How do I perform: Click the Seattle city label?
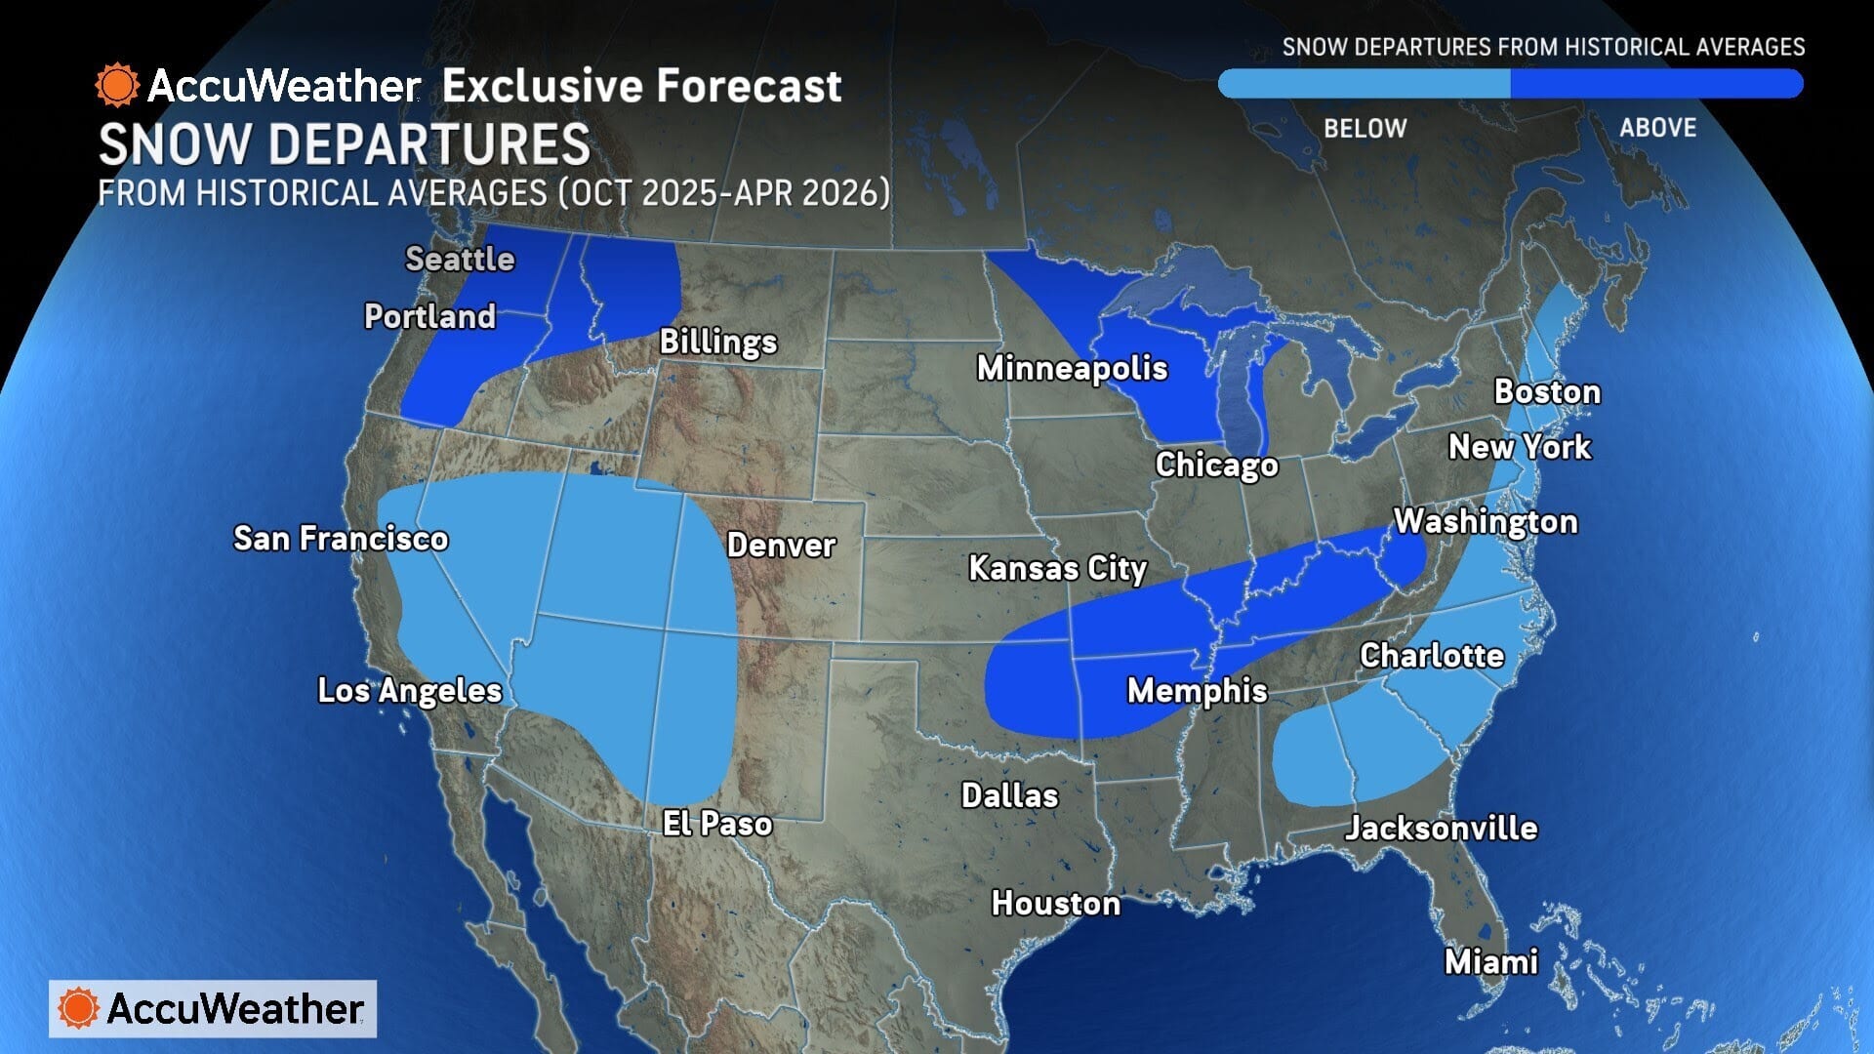(460, 259)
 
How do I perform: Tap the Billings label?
(718, 342)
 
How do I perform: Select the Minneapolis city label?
(1072, 368)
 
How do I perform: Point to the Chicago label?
(1216, 465)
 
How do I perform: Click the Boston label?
(1547, 391)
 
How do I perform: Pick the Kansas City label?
(1057, 568)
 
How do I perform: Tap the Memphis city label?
(1197, 691)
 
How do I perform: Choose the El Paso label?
(717, 824)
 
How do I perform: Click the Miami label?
(1490, 962)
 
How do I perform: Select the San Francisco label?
(341, 538)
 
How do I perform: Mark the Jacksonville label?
(1441, 829)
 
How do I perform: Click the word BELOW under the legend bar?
(1365, 129)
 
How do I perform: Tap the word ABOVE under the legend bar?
(1657, 128)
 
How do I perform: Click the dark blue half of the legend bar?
(1655, 84)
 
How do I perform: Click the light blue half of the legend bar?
(1365, 84)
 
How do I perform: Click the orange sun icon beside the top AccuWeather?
(117, 86)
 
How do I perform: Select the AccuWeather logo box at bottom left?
(213, 1008)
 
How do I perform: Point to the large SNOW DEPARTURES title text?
(345, 145)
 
